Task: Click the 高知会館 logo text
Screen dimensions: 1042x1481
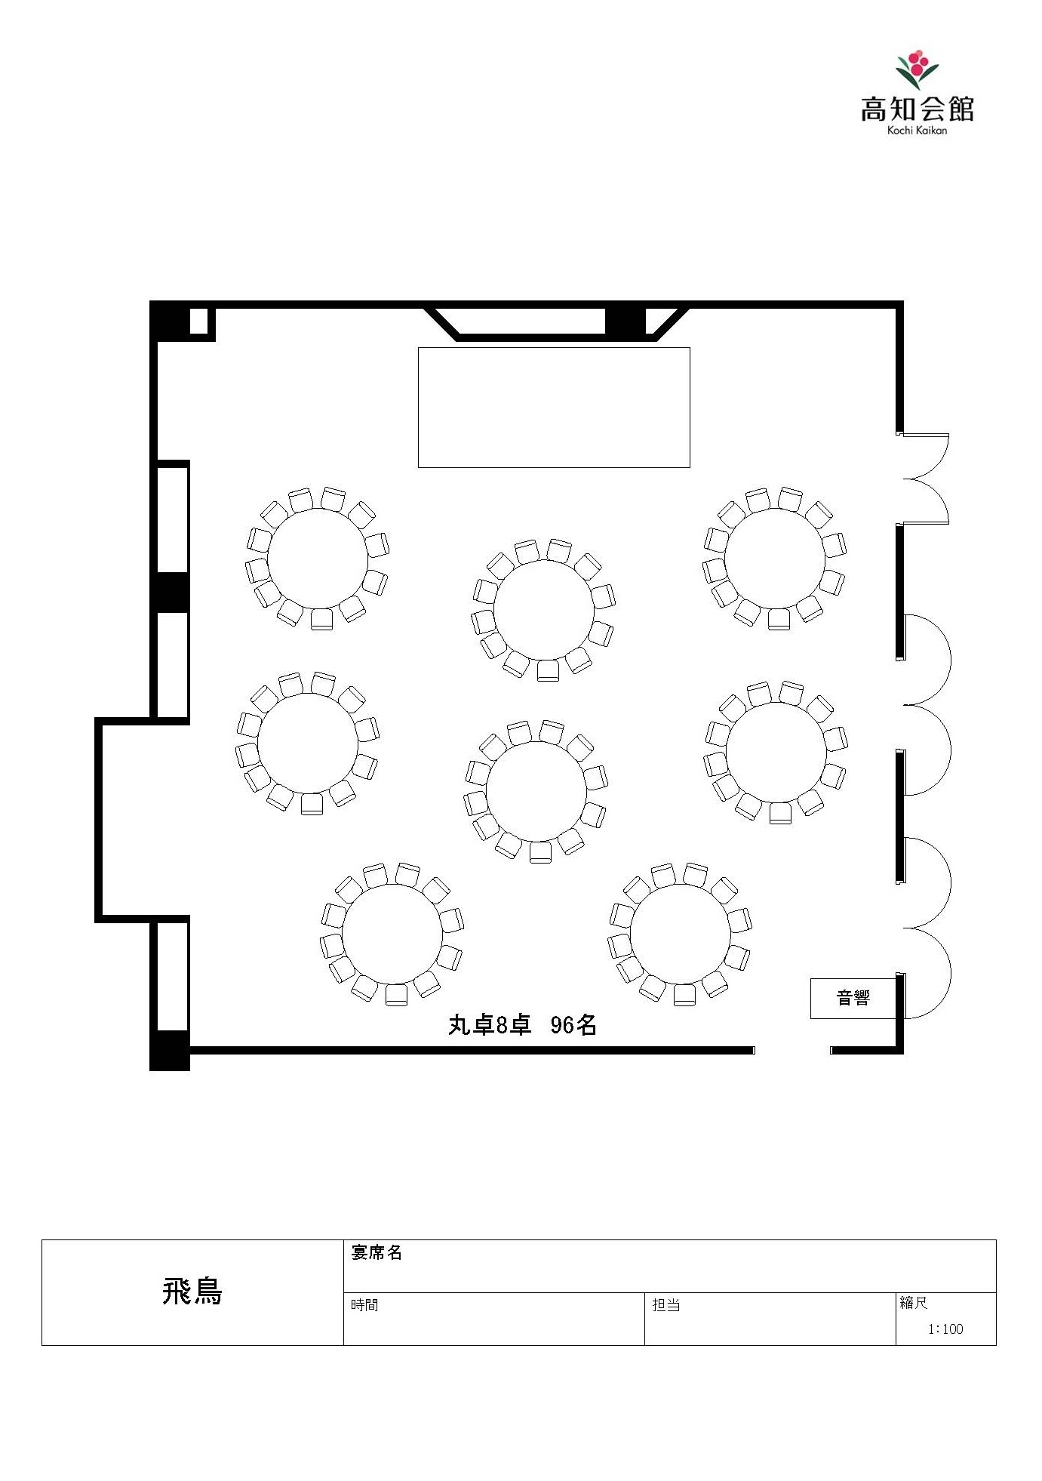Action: (917, 109)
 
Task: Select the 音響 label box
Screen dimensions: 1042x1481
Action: (853, 998)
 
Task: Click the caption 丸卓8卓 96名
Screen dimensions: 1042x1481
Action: (522, 1024)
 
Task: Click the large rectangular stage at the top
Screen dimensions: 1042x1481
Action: (554, 408)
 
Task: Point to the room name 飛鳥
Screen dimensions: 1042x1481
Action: (192, 1292)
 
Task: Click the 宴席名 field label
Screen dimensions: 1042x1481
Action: (377, 1252)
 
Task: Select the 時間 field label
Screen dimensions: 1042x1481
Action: (364, 1304)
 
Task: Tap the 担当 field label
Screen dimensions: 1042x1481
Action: (666, 1304)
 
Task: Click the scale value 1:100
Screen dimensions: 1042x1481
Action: (945, 1329)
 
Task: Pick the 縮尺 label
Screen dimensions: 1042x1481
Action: (913, 1302)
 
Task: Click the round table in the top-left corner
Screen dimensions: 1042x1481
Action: (318, 559)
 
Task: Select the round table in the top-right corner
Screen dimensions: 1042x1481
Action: (775, 559)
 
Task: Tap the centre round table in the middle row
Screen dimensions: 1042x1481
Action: (536, 791)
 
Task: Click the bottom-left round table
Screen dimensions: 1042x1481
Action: (392, 934)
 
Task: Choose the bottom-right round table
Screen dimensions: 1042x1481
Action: (680, 934)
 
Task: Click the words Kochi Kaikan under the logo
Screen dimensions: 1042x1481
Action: (917, 131)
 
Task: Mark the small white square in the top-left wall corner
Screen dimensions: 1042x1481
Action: (198, 321)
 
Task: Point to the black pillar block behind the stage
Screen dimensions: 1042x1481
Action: (626, 321)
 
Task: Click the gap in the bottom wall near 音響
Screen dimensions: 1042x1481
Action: (792, 1050)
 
